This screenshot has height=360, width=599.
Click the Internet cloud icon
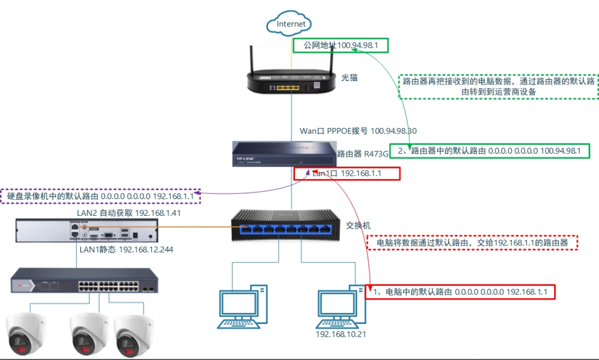tap(289, 24)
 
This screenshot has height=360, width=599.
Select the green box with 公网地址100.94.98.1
tap(341, 45)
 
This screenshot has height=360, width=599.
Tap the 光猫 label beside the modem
tap(349, 78)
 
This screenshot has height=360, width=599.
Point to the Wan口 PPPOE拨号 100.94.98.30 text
tap(358, 131)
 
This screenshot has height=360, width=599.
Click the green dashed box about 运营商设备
tap(499, 87)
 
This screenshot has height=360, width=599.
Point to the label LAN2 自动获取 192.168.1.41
tap(129, 212)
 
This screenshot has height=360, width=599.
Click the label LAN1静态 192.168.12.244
tap(126, 250)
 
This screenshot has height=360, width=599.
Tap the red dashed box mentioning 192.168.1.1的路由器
tap(472, 242)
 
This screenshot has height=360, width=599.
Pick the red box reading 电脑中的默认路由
tap(460, 291)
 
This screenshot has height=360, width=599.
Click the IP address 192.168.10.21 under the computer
tap(341, 334)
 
